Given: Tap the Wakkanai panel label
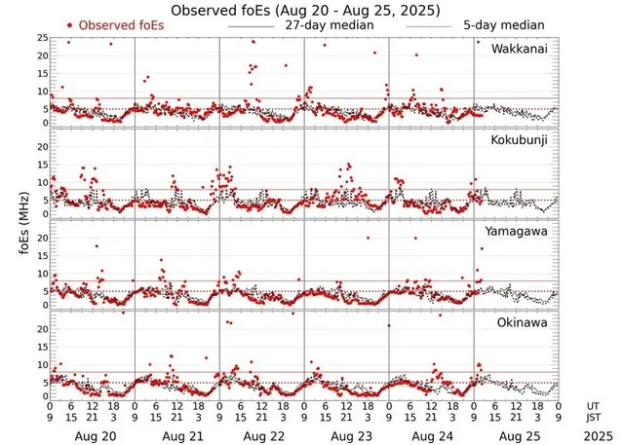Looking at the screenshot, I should tap(524, 49).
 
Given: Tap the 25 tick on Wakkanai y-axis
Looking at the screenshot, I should tap(43, 38).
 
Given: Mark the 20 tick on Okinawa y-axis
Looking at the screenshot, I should tap(43, 329).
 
